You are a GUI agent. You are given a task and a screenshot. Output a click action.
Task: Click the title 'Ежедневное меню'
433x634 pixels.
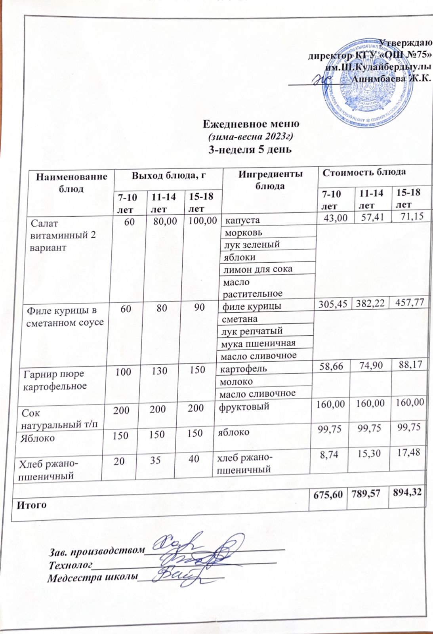(x=251, y=124)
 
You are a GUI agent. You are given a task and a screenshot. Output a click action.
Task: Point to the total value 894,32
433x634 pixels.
(x=408, y=493)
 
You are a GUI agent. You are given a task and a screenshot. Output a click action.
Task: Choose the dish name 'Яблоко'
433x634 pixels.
(x=38, y=438)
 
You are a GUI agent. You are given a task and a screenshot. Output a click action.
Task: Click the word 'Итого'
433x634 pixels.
(x=32, y=505)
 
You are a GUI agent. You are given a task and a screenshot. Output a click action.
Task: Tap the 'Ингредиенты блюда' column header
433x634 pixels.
(x=271, y=180)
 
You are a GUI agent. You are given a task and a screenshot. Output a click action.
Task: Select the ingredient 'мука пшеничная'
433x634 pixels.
(x=259, y=343)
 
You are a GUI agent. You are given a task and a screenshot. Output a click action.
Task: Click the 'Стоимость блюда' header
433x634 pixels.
(x=364, y=172)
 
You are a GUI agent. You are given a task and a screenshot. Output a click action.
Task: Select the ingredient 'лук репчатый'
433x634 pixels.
(x=252, y=331)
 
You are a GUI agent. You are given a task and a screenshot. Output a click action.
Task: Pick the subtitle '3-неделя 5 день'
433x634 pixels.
(x=250, y=149)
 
